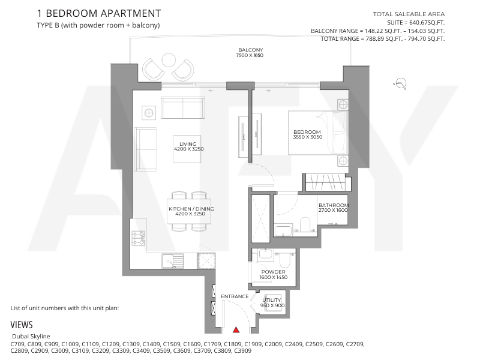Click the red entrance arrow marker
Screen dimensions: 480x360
click(236, 330)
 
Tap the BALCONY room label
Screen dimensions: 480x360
click(251, 50)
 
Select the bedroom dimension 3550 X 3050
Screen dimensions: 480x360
click(308, 137)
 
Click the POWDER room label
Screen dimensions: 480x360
click(274, 272)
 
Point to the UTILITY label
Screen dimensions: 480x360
click(272, 300)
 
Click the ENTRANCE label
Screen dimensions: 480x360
click(235, 296)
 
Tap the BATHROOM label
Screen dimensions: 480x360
click(334, 205)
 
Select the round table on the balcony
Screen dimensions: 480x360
click(169, 60)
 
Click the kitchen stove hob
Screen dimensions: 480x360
click(139, 238)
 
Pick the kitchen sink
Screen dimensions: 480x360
click(173, 261)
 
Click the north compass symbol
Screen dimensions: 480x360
click(400, 83)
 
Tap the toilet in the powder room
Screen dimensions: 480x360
click(286, 261)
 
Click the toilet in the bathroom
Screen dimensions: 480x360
click(305, 224)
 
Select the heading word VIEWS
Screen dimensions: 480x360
click(22, 325)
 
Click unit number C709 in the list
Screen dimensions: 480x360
click(18, 344)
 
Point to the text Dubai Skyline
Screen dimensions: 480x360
click(31, 336)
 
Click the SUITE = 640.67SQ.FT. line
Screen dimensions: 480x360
click(416, 23)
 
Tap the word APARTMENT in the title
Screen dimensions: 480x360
click(130, 13)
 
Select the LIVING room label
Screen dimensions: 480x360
click(188, 144)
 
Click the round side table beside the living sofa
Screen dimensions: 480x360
click(149, 113)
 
